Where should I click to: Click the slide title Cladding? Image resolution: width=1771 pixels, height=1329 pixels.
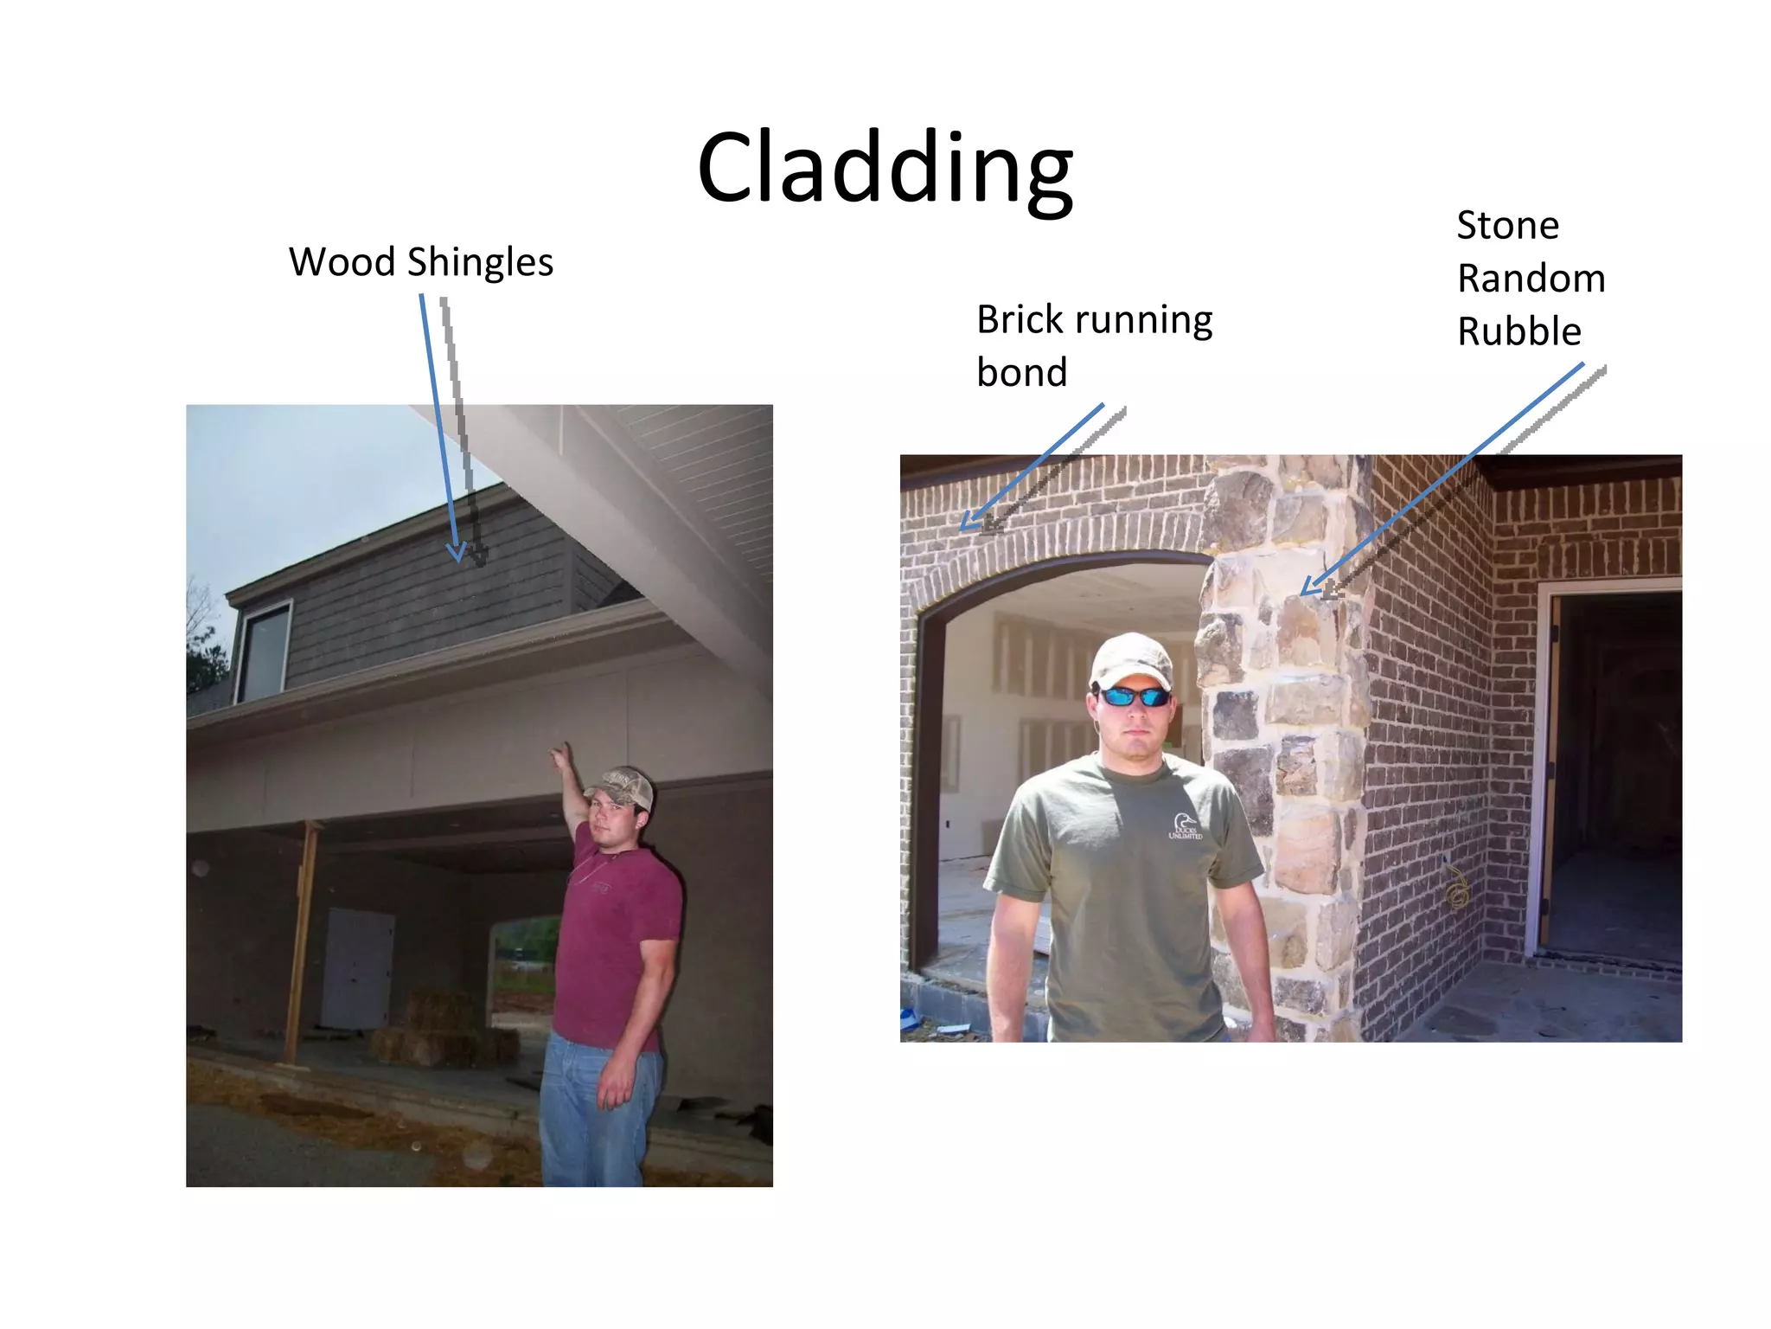coord(885,166)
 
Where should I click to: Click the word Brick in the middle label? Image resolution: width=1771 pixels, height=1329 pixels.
coord(1020,319)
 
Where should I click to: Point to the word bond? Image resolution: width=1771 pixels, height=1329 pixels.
coord(1021,373)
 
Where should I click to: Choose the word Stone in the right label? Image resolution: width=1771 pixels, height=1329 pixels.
coord(1507,225)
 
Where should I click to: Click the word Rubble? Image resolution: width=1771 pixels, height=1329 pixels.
coord(1518,331)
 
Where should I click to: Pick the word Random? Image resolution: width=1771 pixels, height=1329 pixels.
coord(1531,279)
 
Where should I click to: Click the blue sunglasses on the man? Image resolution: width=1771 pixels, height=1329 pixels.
coord(1134,696)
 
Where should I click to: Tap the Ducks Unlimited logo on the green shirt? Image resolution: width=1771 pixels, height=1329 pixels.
coord(1185,825)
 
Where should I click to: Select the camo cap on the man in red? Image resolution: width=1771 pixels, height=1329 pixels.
coord(621,786)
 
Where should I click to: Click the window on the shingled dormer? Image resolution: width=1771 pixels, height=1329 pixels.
coord(265,650)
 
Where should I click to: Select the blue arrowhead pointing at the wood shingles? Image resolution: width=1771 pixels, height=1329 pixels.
coord(456,553)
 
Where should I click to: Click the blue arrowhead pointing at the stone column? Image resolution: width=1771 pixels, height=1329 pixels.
coord(1308,587)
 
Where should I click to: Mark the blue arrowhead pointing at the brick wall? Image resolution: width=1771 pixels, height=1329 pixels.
coord(969,523)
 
